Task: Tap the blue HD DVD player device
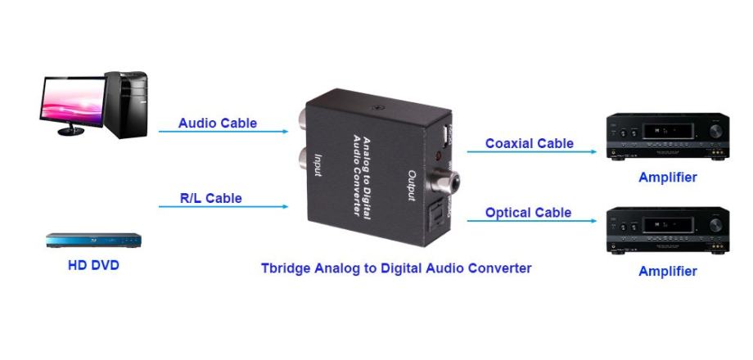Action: pyautogui.click(x=93, y=241)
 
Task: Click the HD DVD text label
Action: pyautogui.click(x=93, y=265)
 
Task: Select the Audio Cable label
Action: pyautogui.click(x=218, y=124)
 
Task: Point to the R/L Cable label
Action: pyautogui.click(x=211, y=198)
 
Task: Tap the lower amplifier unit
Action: pyautogui.click(x=667, y=230)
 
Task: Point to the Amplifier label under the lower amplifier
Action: pyautogui.click(x=668, y=271)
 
